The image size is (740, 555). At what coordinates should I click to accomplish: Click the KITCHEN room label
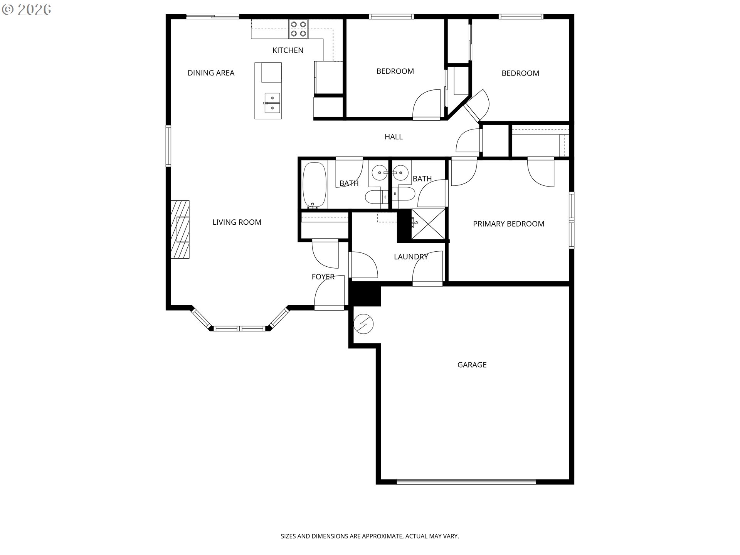click(288, 50)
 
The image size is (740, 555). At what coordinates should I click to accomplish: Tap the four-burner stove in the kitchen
click(299, 29)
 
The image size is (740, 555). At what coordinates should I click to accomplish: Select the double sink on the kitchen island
click(272, 103)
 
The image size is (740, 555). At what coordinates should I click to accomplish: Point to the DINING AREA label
click(211, 73)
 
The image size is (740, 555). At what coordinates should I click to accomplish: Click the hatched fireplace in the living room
click(180, 229)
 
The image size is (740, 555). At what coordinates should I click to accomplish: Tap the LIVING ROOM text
click(237, 222)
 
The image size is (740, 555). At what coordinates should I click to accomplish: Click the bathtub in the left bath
click(314, 185)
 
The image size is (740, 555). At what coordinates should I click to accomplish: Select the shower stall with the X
click(428, 224)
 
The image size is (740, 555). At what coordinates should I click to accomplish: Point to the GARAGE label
click(472, 365)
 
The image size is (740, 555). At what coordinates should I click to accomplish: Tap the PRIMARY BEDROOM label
click(509, 224)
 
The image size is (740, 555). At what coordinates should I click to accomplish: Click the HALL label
click(394, 136)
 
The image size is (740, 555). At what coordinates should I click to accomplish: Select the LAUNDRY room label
click(411, 257)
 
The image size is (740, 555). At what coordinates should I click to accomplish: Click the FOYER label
click(323, 277)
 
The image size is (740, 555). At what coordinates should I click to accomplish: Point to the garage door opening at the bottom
click(466, 481)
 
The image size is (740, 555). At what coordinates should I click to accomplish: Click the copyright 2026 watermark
click(27, 10)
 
